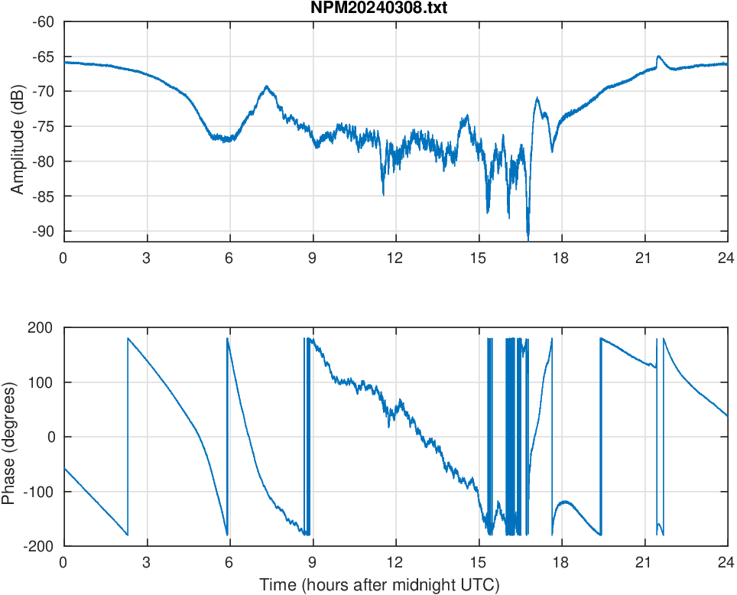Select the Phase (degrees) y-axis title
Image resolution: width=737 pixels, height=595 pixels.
pyautogui.click(x=8, y=437)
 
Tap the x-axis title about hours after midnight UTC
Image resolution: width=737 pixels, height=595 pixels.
pyautogui.click(x=379, y=585)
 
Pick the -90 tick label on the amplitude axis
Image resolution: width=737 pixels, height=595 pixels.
pyautogui.click(x=44, y=231)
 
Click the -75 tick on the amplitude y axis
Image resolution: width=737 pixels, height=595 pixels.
pyautogui.click(x=44, y=126)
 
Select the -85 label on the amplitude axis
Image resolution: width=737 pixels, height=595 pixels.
pyautogui.click(x=44, y=196)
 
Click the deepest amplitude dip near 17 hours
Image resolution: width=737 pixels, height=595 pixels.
pyautogui.click(x=528, y=236)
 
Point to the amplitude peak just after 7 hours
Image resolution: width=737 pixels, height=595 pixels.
pyautogui.click(x=267, y=86)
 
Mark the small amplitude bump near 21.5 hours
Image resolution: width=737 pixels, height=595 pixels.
pyautogui.click(x=658, y=57)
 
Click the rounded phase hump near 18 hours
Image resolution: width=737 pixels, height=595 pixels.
pyautogui.click(x=565, y=502)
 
